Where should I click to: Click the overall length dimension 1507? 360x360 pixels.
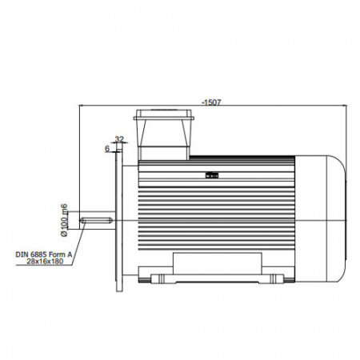(x=212, y=102)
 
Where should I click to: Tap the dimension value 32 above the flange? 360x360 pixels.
(x=119, y=139)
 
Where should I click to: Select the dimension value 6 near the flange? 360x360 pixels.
(x=107, y=149)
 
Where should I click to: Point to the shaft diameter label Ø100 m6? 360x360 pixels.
(x=64, y=220)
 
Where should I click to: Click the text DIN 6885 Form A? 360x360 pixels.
(x=44, y=254)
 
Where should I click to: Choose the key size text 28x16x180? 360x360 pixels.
(x=45, y=262)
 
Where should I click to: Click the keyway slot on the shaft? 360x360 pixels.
(x=97, y=220)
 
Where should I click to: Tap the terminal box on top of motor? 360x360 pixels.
(x=164, y=134)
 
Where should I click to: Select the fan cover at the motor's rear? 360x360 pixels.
(x=321, y=218)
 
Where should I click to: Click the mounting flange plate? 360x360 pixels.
(x=119, y=221)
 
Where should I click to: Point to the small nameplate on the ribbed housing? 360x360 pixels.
(x=212, y=175)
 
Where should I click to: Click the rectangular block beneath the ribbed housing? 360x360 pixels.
(x=218, y=263)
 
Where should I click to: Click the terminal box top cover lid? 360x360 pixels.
(x=164, y=114)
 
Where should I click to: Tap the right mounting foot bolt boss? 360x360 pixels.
(x=274, y=278)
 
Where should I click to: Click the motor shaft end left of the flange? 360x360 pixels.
(x=98, y=220)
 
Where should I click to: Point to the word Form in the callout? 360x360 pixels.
(x=56, y=254)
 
